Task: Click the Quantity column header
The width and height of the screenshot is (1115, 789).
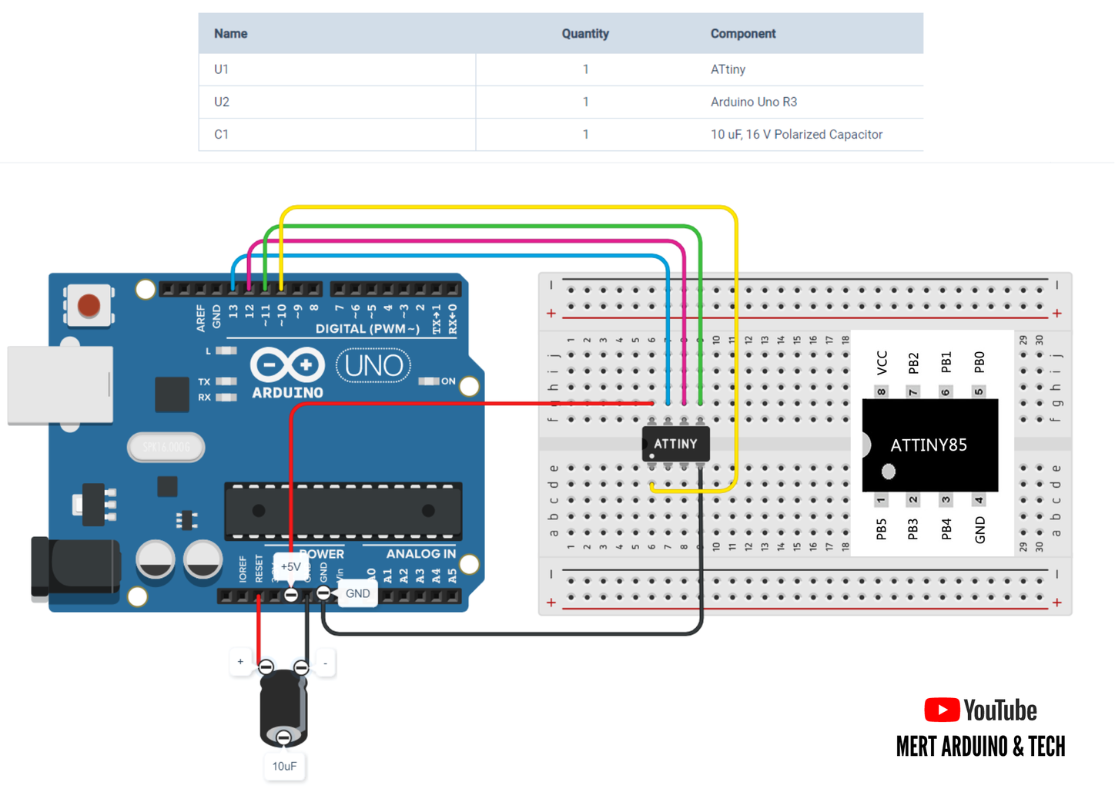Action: click(584, 34)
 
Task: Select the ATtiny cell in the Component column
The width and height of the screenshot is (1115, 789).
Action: click(728, 69)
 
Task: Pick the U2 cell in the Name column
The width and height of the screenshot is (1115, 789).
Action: click(222, 102)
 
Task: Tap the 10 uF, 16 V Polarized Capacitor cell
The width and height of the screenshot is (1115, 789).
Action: click(795, 134)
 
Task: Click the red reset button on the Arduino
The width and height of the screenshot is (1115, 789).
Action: click(89, 306)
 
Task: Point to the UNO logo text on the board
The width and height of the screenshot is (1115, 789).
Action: click(373, 366)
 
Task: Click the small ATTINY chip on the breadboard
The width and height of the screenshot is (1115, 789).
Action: click(675, 445)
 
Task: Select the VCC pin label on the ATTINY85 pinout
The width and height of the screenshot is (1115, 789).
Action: click(882, 361)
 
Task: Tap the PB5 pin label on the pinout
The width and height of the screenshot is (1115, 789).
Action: click(882, 529)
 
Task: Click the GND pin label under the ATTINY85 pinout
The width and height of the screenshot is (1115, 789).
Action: click(979, 529)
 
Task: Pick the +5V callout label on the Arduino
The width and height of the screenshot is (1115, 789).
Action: click(290, 567)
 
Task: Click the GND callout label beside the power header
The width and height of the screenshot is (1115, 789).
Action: click(357, 593)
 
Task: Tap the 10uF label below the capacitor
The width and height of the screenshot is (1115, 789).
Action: click(284, 766)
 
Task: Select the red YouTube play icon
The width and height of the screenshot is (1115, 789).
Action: click(941, 710)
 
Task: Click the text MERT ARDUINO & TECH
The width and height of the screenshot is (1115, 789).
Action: click(980, 747)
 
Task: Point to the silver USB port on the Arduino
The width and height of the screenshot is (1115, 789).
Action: click(60, 385)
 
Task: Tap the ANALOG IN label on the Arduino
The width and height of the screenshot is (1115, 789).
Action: click(420, 554)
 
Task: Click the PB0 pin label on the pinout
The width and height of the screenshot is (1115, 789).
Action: click(979, 361)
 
